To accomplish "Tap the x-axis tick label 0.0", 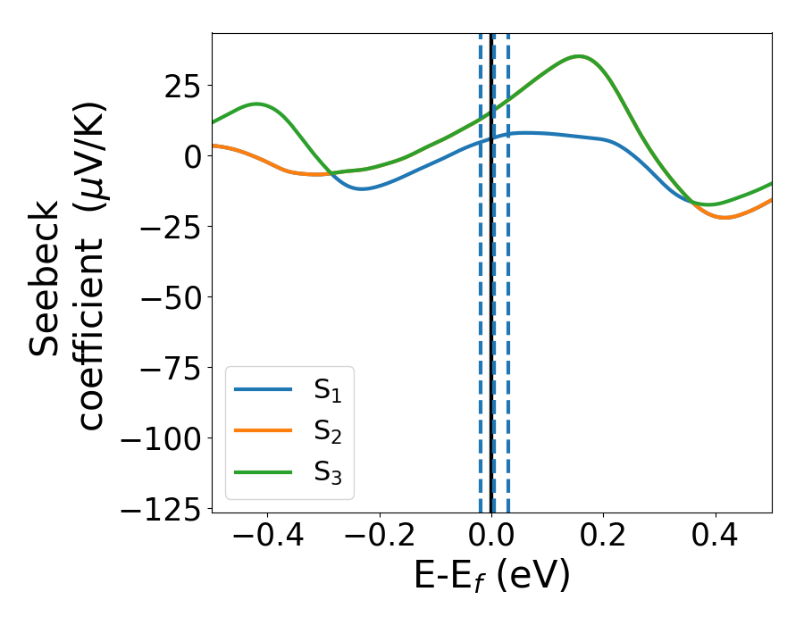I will tap(492, 537).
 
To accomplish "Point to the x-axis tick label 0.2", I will tap(604, 537).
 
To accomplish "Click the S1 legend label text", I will tap(327, 389).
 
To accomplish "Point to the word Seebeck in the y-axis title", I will tap(46, 278).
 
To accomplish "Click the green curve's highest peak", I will tap(581, 56).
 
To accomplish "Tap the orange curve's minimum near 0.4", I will tap(724, 217).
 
